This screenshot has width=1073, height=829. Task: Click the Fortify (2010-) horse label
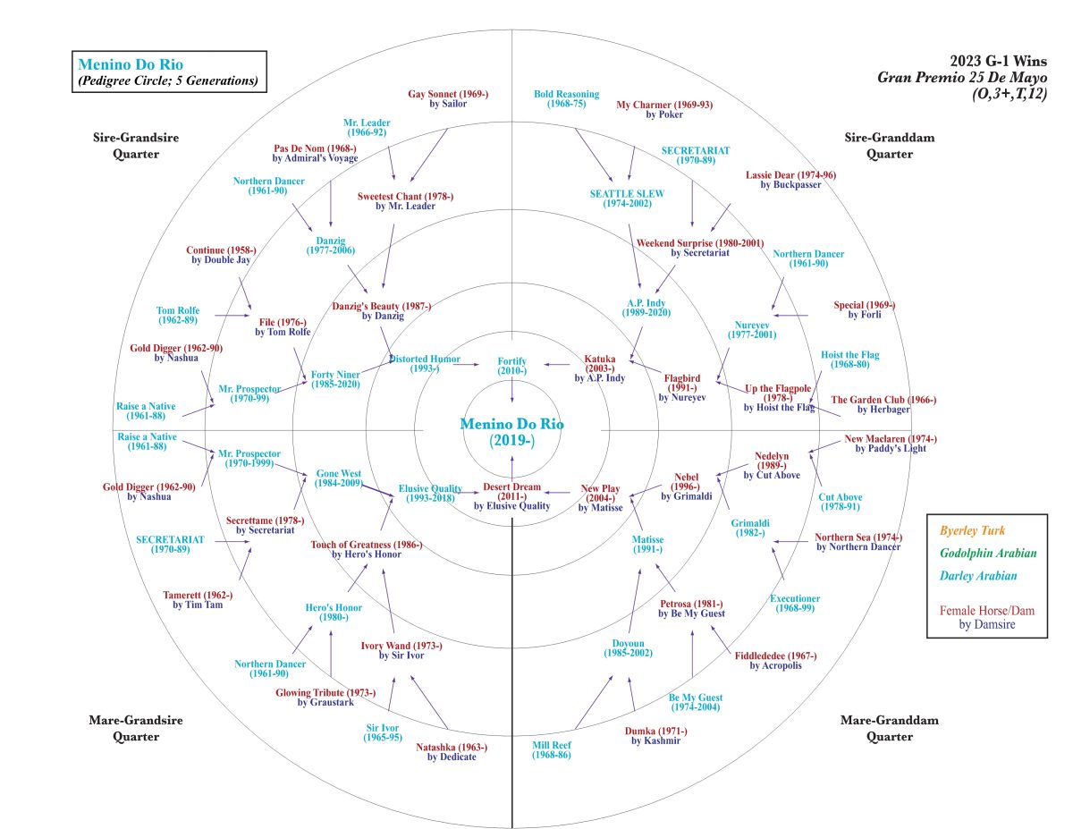pos(511,365)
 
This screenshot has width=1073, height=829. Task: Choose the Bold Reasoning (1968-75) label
pos(567,98)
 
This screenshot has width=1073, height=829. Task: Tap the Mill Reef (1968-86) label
pos(551,750)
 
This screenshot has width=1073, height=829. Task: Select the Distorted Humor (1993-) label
pos(424,364)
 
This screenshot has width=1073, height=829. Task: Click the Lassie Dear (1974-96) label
pos(790,180)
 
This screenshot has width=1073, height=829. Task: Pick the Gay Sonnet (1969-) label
pos(448,98)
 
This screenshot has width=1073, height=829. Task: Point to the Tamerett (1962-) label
pos(198,600)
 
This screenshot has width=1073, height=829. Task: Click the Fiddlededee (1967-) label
pos(775,661)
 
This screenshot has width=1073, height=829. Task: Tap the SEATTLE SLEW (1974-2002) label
pos(627,199)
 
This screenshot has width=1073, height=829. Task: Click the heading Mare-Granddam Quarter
pos(876,728)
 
